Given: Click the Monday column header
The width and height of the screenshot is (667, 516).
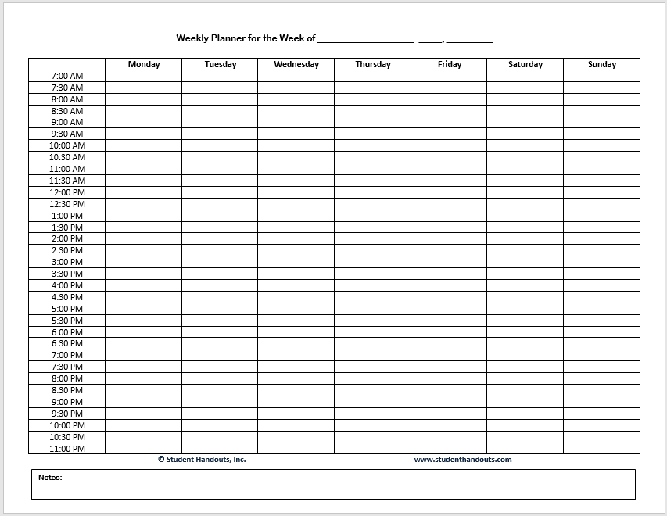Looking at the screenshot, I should tap(144, 64).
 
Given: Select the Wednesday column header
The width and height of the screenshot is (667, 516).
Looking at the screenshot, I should tap(296, 64).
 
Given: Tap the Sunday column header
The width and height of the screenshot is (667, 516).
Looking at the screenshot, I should tap(602, 64).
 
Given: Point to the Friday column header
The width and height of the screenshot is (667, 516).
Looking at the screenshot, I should tap(450, 64).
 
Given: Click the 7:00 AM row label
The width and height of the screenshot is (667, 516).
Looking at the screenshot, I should tap(67, 76).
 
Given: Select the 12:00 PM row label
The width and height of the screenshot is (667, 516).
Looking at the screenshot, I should tap(67, 192).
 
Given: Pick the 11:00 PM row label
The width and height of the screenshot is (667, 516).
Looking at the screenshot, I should tap(67, 449).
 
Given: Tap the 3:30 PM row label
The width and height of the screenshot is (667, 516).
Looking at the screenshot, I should tap(67, 274).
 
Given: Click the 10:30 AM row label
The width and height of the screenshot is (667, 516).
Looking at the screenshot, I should tap(67, 157).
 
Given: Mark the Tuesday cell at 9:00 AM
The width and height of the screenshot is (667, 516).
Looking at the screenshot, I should tap(220, 122).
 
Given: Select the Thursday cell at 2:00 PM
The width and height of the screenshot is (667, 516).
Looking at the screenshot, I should tap(373, 238).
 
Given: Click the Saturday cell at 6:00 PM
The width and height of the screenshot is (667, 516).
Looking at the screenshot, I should tap(525, 332).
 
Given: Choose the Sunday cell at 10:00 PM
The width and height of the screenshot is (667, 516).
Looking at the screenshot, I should tap(602, 425).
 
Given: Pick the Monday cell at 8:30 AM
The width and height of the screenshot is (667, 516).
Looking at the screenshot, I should tap(144, 111).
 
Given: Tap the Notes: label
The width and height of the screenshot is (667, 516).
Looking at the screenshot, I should tap(50, 477).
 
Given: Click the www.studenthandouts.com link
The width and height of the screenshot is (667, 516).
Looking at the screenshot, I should tap(463, 460).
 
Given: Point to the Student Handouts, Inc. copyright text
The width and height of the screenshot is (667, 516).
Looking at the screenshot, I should tap(202, 460).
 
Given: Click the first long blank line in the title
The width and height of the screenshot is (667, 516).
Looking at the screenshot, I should tap(366, 40).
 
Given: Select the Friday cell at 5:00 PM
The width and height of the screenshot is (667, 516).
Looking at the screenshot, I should tap(450, 309).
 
